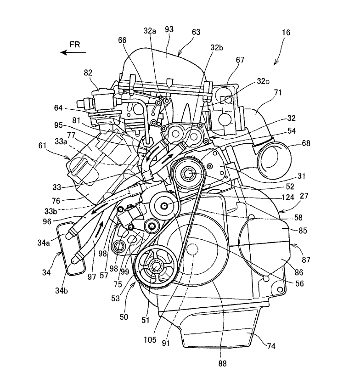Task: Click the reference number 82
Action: pos(89,73)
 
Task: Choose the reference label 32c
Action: pos(263,81)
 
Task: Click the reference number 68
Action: pos(306,143)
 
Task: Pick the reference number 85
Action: pos(289,231)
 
